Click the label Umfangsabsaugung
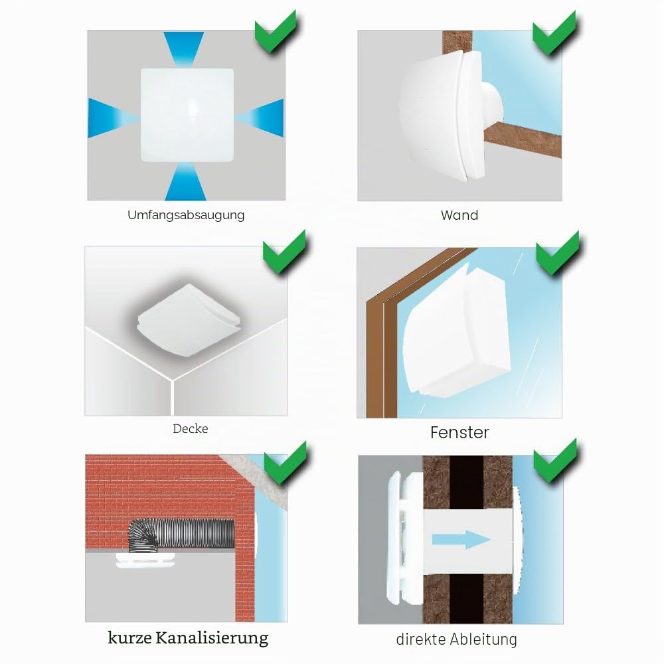186,215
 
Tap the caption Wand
459,215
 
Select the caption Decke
190,428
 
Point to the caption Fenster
459,432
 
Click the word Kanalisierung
212,637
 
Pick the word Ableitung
483,639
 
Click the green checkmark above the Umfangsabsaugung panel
276,31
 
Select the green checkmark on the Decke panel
284,251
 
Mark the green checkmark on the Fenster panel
557,253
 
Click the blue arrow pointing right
461,539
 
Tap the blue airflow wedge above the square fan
184,48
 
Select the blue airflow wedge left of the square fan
114,118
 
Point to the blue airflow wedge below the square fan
185,181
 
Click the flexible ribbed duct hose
181,535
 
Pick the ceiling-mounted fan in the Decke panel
189,320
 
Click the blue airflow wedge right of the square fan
259,118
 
